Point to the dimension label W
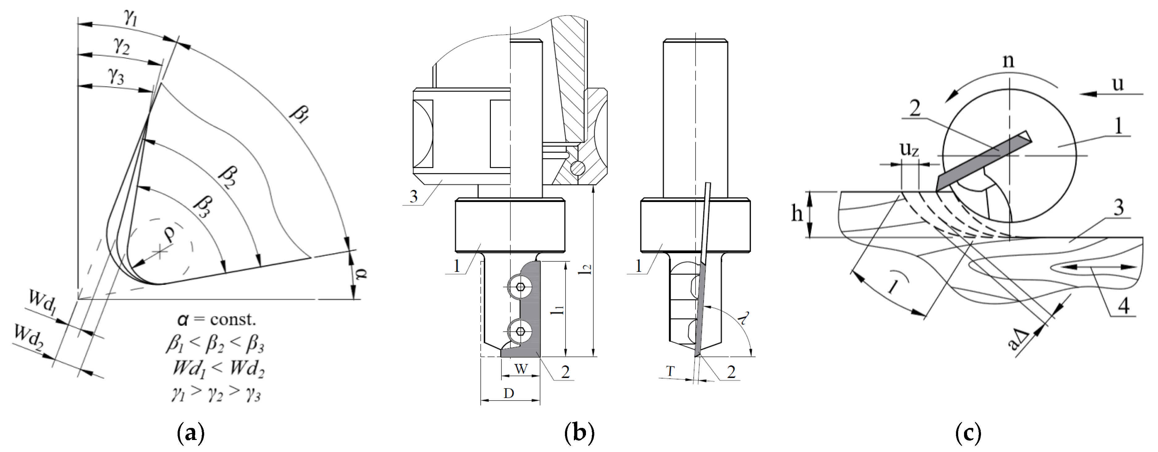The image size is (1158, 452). click(520, 369)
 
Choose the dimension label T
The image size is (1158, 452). click(670, 371)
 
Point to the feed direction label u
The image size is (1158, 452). click(1118, 84)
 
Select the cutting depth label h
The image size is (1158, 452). click(797, 214)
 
